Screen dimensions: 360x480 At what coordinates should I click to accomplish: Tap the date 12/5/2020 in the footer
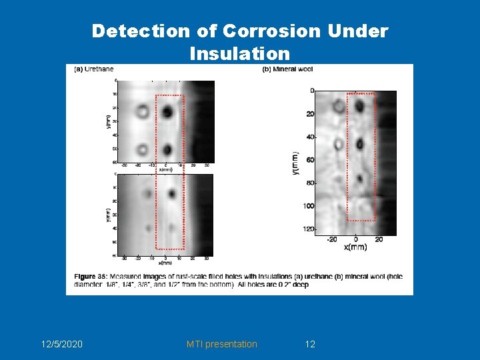[61, 344]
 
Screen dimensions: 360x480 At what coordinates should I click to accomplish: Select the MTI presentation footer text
[222, 344]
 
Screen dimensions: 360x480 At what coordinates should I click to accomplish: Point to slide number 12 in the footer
[310, 344]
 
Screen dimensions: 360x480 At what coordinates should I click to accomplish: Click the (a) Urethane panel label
[94, 69]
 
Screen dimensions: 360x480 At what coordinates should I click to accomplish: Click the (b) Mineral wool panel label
[287, 69]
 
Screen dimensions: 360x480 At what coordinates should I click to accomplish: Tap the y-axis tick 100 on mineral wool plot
[308, 206]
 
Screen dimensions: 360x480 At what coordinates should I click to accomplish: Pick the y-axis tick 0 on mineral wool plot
[312, 91]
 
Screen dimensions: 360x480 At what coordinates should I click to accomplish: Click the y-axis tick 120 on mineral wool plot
[308, 229]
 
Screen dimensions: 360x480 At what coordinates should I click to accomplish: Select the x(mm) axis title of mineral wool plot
[355, 247]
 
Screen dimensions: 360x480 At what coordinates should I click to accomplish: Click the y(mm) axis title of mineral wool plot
[295, 164]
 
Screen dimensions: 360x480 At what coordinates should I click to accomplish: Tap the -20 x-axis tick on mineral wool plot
[331, 239]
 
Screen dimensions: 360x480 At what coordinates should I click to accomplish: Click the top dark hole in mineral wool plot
[359, 105]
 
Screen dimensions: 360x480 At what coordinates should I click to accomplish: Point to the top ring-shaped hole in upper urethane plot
[141, 112]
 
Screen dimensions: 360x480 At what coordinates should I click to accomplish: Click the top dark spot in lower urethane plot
[172, 194]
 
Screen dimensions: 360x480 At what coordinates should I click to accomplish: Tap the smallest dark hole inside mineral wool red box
[359, 179]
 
